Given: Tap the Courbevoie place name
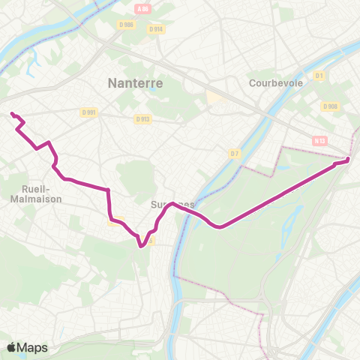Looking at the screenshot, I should click(275, 83).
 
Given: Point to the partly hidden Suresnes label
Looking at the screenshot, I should click(172, 204).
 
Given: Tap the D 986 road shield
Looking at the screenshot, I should click(127, 25).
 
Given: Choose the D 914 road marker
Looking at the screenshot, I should click(155, 29).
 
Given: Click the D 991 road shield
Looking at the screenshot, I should click(90, 112).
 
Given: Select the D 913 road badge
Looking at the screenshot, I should click(143, 118).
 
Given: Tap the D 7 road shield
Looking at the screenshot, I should click(234, 153).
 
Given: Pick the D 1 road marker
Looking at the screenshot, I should click(319, 76).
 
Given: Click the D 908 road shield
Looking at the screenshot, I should click(329, 106).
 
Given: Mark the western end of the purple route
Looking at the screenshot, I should click(11, 113).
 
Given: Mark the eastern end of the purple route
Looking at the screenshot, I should click(349, 159).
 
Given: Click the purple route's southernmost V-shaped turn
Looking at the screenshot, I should click(141, 244).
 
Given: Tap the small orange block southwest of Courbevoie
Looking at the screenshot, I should click(212, 98).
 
